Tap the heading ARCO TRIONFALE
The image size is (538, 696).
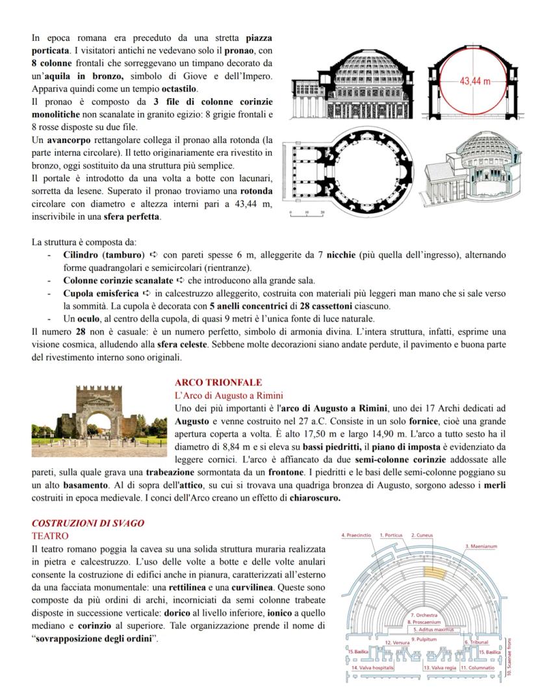click(x=209, y=383)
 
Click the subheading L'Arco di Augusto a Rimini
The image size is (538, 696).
click(x=229, y=395)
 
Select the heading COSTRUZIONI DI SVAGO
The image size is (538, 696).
click(x=88, y=522)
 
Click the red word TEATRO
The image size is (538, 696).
click(x=50, y=535)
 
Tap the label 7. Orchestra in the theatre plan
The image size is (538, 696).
click(x=424, y=614)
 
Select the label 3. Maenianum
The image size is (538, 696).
click(x=481, y=547)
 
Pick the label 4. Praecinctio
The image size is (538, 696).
click(x=356, y=535)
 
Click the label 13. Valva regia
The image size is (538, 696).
click(x=440, y=667)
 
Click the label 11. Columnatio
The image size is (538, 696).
click(x=479, y=667)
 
